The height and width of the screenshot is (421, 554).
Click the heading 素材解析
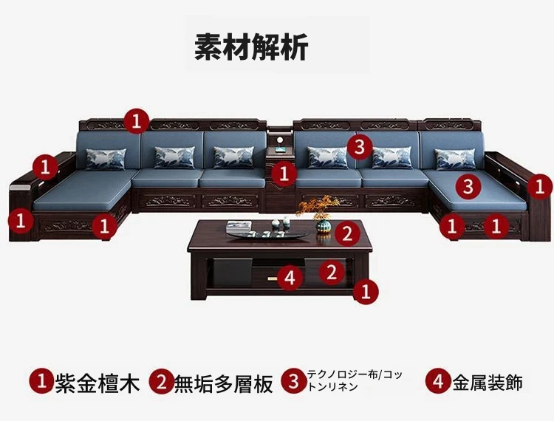click(251, 47)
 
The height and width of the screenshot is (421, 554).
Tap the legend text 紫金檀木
click(98, 383)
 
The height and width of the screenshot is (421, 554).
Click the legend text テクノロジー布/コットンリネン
click(355, 380)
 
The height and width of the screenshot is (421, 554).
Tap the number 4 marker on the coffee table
click(290, 278)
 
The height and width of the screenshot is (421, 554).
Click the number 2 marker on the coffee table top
click(347, 233)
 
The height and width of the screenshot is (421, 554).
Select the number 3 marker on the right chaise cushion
click(468, 186)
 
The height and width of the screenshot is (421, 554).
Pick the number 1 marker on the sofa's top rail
click(137, 121)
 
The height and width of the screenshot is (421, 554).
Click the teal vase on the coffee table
click(323, 226)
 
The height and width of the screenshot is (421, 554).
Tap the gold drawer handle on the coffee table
click(273, 278)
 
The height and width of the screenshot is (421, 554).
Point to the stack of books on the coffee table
click(239, 227)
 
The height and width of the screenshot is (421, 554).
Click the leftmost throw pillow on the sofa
click(106, 159)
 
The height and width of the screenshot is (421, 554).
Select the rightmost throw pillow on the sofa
click(456, 160)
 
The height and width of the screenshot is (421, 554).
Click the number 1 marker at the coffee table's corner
click(366, 292)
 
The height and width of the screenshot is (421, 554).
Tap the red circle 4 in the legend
click(438, 382)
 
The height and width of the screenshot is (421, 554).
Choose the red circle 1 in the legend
click(41, 382)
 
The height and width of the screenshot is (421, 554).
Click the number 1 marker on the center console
click(284, 174)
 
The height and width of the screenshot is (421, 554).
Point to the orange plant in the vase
click(318, 208)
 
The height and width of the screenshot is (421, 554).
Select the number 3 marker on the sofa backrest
click(359, 146)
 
